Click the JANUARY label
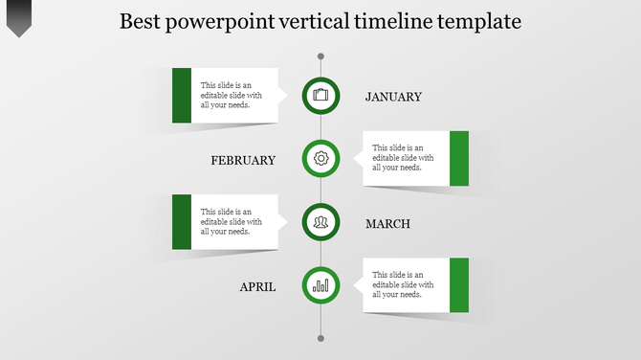point(393,97)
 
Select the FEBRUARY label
point(243,160)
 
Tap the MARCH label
point(387,224)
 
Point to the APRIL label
point(257,286)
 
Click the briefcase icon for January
point(320,95)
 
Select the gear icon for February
point(320,158)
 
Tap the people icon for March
point(320,222)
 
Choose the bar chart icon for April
point(320,285)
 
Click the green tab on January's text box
point(182,95)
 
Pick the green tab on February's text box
point(459,158)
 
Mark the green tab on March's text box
point(182,222)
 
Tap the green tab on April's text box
point(459,285)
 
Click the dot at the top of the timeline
point(320,56)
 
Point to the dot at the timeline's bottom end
point(320,338)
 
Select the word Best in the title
point(141,21)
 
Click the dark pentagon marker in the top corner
point(19,17)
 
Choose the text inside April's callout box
point(403,285)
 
